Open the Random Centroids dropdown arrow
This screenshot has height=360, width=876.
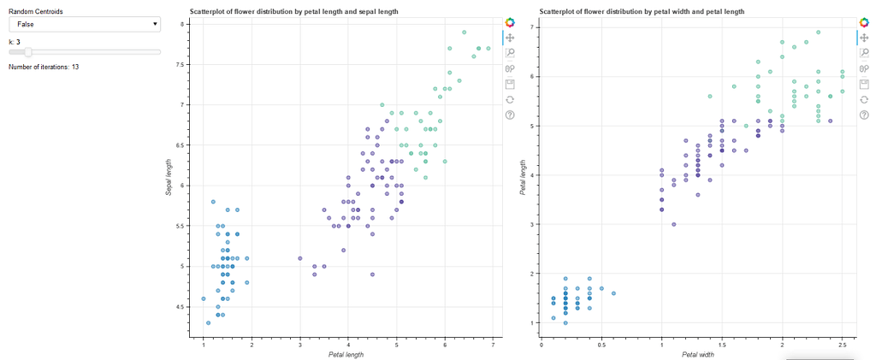coord(154,25)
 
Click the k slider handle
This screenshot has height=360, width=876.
coord(28,52)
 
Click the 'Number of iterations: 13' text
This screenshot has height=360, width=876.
coord(44,67)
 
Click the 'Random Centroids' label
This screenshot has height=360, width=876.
coord(36,12)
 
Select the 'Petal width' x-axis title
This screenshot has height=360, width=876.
coord(697,354)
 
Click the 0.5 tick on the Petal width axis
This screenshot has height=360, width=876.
coord(601,345)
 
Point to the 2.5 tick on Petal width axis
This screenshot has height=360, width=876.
coord(843,345)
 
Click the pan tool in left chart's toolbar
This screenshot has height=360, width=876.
coord(510,38)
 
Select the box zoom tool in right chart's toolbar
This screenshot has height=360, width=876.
coord(865,53)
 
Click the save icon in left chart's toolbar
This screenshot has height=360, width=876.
coord(510,84)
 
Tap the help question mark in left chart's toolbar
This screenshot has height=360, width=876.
coord(510,115)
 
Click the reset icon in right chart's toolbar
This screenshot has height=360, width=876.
coord(865,99)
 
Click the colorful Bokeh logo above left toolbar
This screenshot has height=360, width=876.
coord(510,22)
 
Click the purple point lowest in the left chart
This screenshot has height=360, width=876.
coord(372,274)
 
